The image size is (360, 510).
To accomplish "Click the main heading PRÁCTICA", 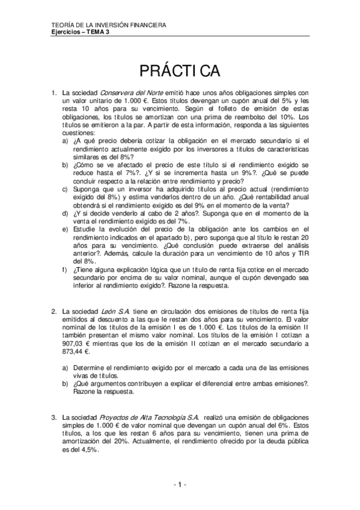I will [x=180, y=70].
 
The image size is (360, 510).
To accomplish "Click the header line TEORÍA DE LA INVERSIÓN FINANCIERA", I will [x=109, y=25].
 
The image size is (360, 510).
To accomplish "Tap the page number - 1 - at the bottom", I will [x=180, y=484].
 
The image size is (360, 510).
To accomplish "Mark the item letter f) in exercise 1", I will [x=66, y=270].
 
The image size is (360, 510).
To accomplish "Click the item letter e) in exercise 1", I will [x=66, y=228].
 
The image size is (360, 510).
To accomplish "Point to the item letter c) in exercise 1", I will [x=66, y=187].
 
